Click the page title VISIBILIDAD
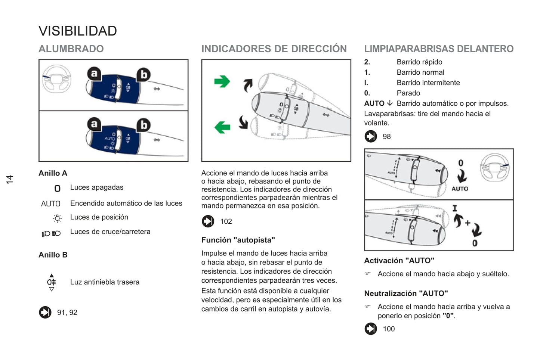click(x=78, y=31)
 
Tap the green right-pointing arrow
click(x=222, y=81)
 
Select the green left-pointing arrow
click(x=222, y=127)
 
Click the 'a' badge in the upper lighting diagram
click(x=94, y=74)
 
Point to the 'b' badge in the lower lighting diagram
click(x=144, y=125)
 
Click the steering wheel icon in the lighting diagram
click(x=56, y=78)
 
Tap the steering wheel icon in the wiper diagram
click(x=494, y=167)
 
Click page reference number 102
click(x=226, y=221)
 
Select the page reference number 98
click(x=386, y=137)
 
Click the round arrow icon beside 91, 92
click(x=45, y=312)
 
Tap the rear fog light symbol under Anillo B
click(x=52, y=282)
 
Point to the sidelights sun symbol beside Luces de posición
click(x=57, y=218)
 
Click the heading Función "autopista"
click(x=238, y=240)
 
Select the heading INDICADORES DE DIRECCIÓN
click(x=274, y=49)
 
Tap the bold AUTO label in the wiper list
click(x=374, y=103)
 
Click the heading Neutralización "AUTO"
click(x=406, y=293)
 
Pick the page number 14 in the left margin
click(x=10, y=179)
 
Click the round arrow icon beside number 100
click(x=371, y=329)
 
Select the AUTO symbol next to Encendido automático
click(x=51, y=204)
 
